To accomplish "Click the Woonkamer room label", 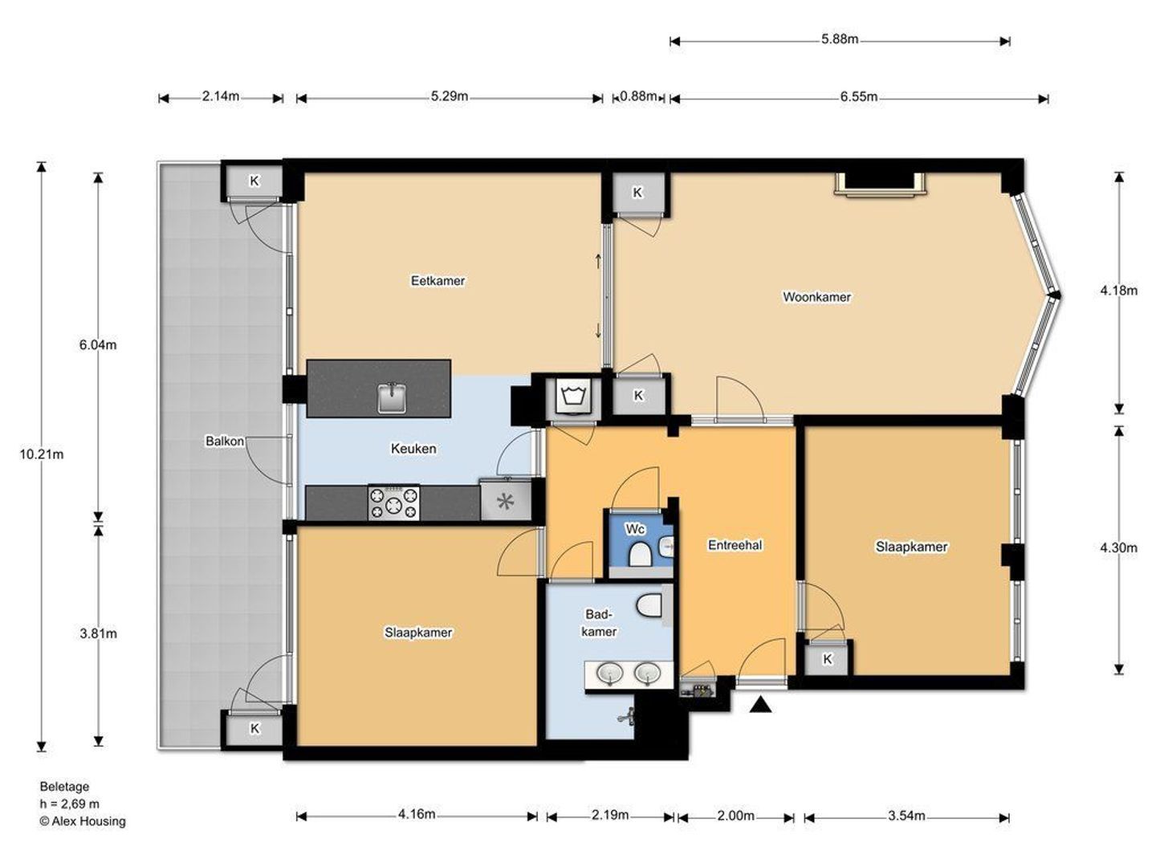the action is tap(816, 297).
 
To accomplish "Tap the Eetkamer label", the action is tap(438, 281).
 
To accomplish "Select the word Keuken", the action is tap(413, 449).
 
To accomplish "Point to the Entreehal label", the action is tap(735, 545).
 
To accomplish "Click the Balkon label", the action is tap(224, 442).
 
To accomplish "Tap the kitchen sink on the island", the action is tap(391, 398).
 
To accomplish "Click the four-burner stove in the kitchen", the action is tap(393, 503).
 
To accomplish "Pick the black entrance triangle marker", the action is tap(760, 704).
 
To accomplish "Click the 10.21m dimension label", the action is tap(42, 454).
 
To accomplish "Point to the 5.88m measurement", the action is tap(840, 39).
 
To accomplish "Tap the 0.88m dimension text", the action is tap(638, 96).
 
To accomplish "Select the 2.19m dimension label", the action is tap(610, 815).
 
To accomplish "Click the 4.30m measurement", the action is tap(1118, 548).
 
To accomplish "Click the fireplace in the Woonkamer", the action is tap(880, 185).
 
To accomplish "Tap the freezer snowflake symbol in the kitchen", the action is tap(505, 502).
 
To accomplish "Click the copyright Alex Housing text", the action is tap(83, 821).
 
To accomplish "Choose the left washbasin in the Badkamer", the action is tap(609, 672).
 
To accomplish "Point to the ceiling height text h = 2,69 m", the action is tap(70, 804).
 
